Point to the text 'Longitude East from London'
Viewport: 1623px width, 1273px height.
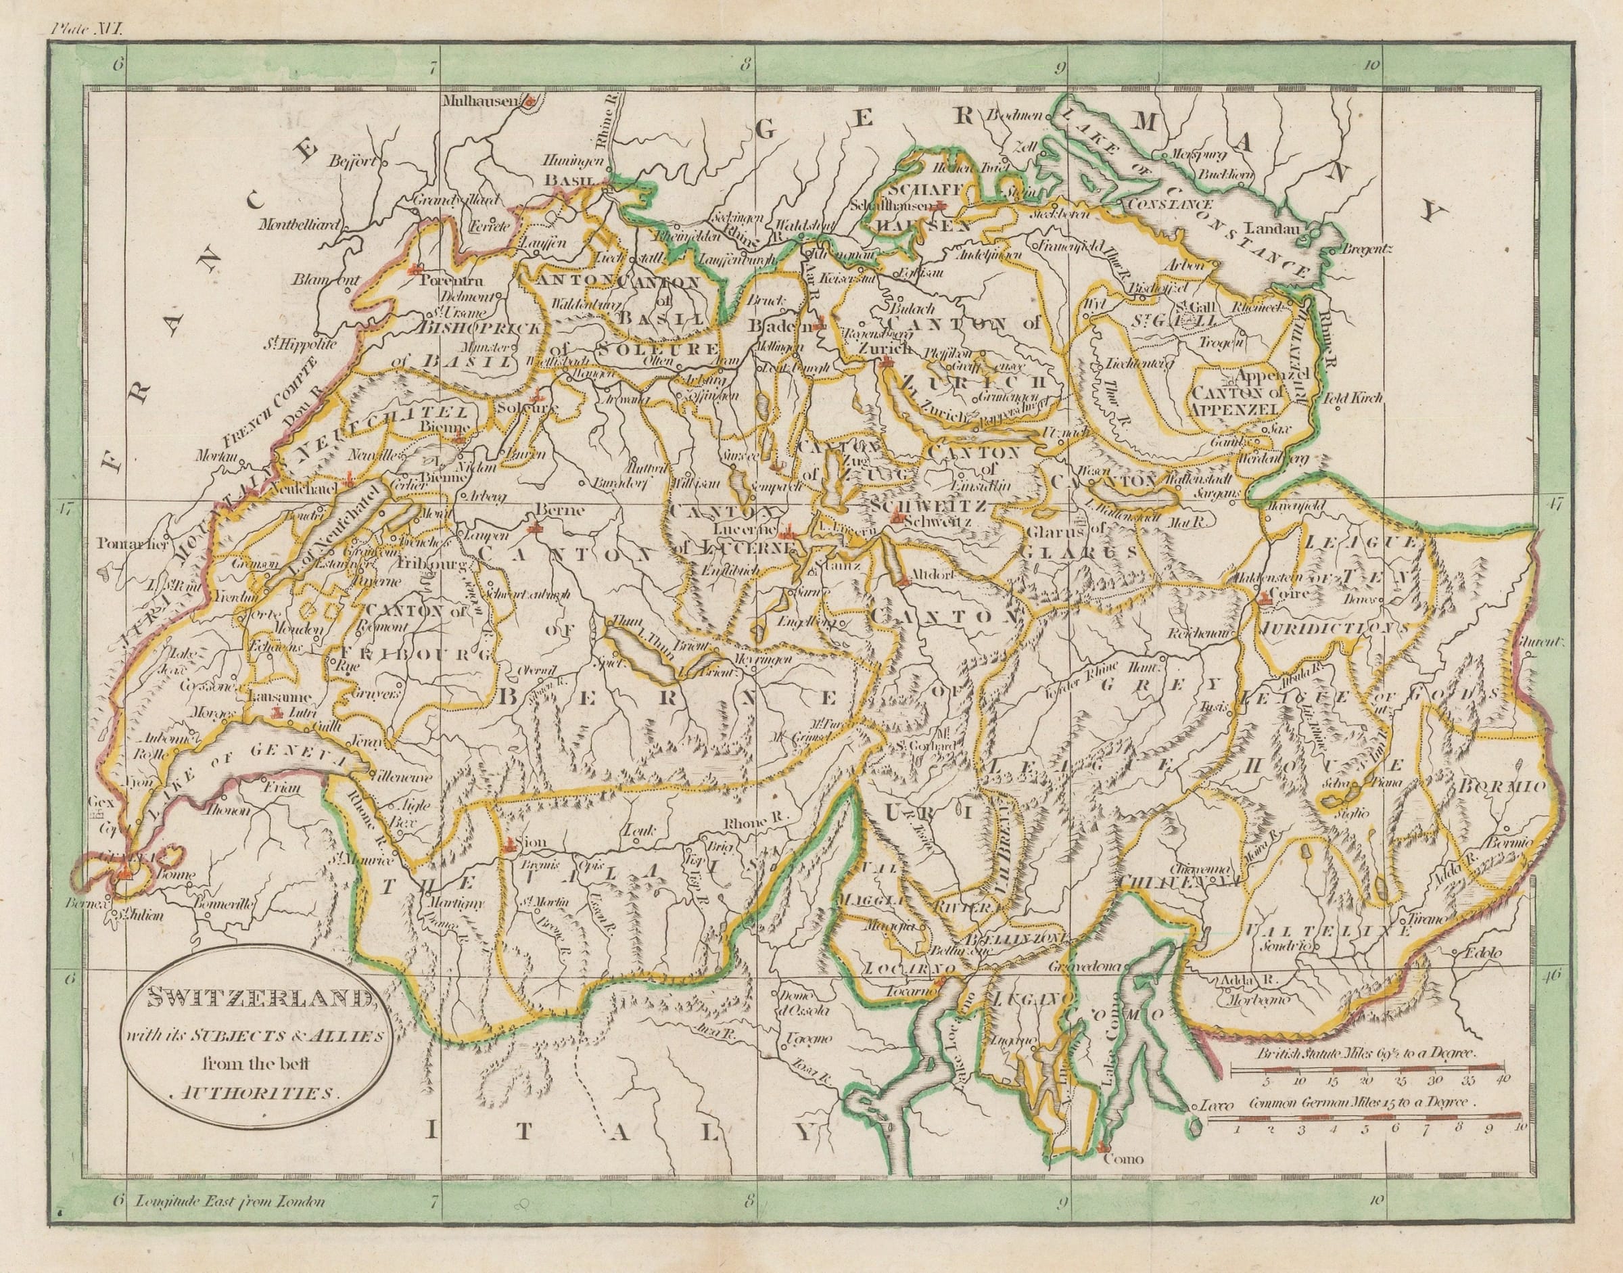(x=229, y=1222)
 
